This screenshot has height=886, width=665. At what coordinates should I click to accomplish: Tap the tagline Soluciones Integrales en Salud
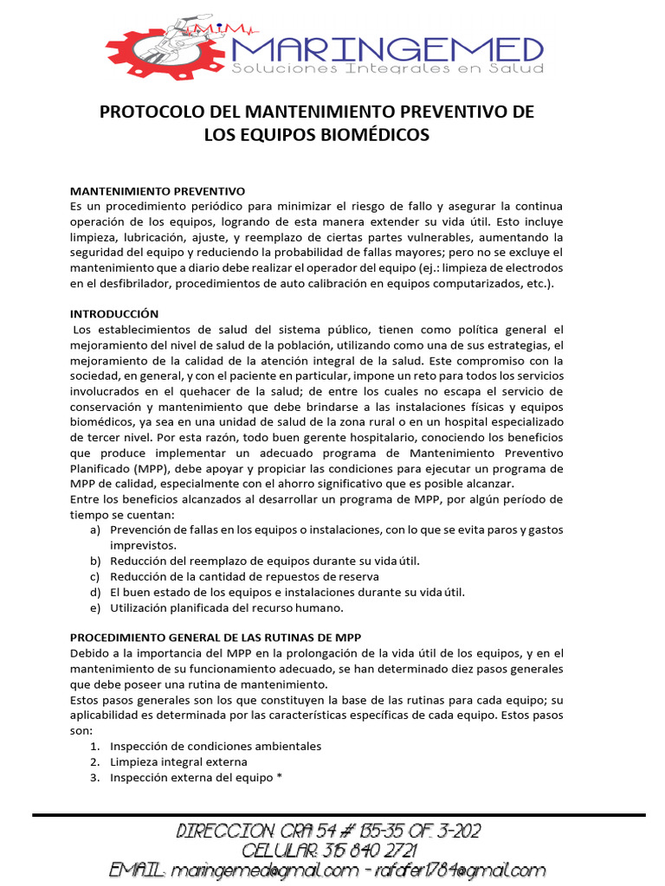coord(387,68)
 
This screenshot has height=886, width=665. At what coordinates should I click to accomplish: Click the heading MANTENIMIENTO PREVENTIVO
coord(158,191)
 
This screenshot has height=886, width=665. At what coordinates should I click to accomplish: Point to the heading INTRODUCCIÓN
coord(114,314)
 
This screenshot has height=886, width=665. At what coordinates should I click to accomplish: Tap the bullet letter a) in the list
coord(94,530)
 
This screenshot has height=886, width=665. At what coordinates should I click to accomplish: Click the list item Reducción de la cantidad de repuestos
coord(244,577)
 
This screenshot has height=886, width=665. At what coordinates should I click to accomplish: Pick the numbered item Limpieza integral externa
coord(178,761)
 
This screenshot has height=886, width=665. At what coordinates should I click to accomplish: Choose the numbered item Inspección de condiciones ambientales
coord(216,746)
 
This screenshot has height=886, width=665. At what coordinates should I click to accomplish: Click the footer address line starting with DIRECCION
coord(329,831)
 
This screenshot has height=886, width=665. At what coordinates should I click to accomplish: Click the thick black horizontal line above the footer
coord(339,814)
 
